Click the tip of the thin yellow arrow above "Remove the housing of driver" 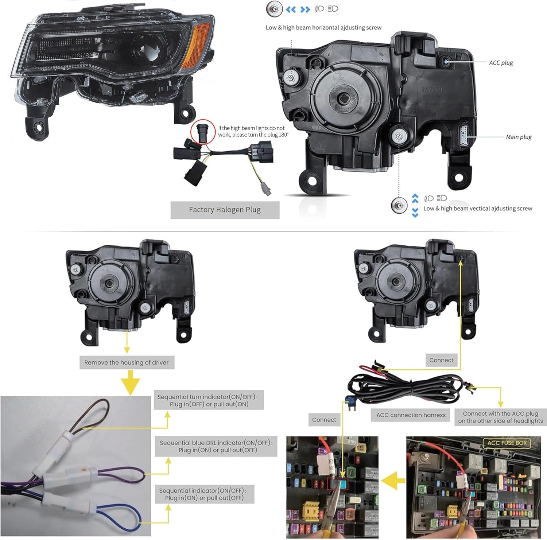coord(127,353)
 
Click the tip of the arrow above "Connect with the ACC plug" coord(501,407)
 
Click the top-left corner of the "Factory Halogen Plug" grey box coord(171,202)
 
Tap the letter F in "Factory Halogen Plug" coord(191,210)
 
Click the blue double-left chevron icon coord(291,9)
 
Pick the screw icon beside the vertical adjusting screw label coord(399,206)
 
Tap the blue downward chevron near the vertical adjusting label coord(415,212)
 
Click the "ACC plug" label coord(501,63)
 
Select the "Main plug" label coord(519,137)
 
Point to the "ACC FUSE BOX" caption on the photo coord(507,443)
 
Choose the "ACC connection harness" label coord(411,415)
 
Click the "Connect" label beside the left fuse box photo coord(324,420)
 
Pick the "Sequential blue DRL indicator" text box coord(216,446)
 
